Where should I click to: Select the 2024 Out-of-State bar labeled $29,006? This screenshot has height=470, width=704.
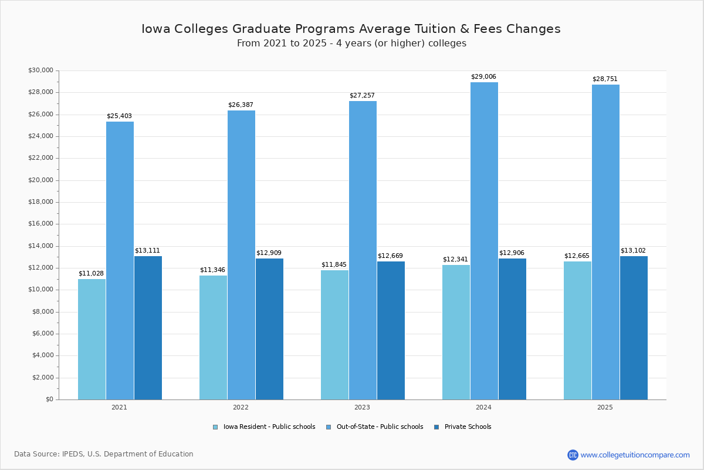pos(484,241)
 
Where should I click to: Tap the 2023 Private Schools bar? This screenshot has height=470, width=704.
pos(391,330)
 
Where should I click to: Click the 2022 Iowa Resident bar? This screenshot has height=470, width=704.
pos(213,337)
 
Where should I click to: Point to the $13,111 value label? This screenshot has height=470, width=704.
pos(147,251)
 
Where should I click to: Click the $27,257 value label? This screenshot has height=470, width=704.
pos(362,96)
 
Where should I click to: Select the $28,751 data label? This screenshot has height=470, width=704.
pos(605,79)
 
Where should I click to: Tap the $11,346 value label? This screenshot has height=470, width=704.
pos(212,270)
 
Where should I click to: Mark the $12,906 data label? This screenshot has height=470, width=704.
pos(512,253)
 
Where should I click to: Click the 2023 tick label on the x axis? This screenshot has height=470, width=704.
pos(362,407)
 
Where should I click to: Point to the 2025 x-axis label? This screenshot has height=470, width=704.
pos(605,407)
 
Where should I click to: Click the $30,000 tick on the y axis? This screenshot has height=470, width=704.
pos(40,70)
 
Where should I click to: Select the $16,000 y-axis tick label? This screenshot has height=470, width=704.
pos(40,224)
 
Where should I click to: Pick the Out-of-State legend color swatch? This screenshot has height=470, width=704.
pos(329,427)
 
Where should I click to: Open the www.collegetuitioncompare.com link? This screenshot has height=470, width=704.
pos(635,455)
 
